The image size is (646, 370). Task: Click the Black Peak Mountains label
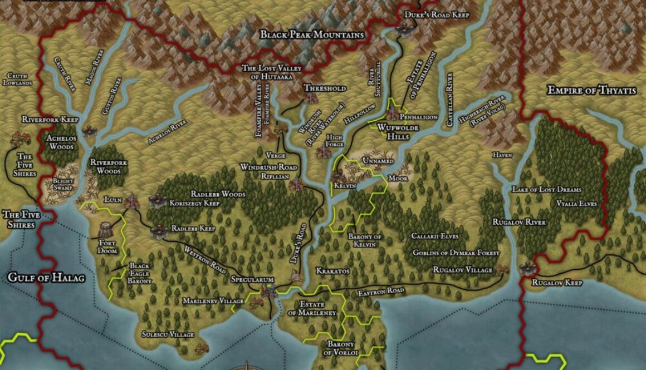tap(312, 35)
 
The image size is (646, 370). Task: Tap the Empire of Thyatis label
tap(591, 90)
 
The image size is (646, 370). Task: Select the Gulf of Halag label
tap(46, 277)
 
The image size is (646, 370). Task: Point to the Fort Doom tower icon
tap(105, 229)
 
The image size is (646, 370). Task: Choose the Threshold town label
tap(325, 88)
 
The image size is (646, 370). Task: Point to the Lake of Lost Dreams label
tap(546, 190)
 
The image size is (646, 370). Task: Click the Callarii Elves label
tap(435, 236)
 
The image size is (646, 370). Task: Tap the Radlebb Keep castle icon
tap(158, 230)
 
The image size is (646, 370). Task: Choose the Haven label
tap(502, 155)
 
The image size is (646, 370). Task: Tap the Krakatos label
tap(332, 270)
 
